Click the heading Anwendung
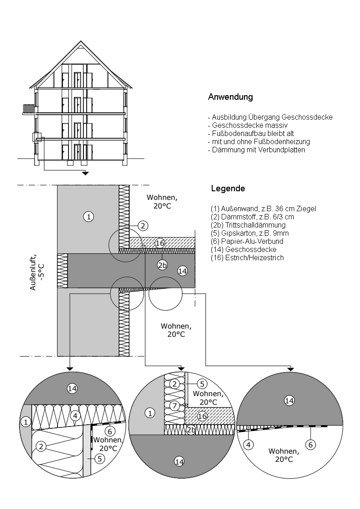click(x=230, y=97)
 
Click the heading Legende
click(x=228, y=188)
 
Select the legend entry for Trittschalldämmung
click(x=248, y=225)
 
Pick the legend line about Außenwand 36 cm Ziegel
click(x=263, y=208)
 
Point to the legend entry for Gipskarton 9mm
click(x=249, y=233)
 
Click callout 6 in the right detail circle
click(x=310, y=445)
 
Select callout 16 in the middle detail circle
click(x=203, y=416)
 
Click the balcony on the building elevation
click(x=29, y=109)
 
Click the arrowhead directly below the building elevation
click(x=85, y=173)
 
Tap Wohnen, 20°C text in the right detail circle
click(x=284, y=455)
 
